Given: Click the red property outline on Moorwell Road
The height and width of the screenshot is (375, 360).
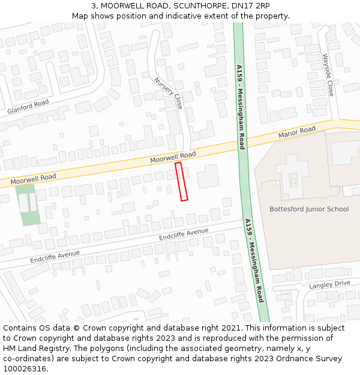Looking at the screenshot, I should [181, 181].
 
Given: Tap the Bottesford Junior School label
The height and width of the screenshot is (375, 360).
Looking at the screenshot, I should [309, 209].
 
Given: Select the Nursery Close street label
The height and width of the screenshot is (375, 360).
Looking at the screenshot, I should [168, 93].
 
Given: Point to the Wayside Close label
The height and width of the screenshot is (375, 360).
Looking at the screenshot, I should [328, 75].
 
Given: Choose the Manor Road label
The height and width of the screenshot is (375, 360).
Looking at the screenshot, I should [296, 132].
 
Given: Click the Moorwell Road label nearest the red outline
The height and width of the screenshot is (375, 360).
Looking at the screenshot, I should [173, 158].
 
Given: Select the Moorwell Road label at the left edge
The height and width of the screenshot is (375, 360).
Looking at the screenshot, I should [33, 178].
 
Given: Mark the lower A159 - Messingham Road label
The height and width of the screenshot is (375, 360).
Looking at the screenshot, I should [254, 260].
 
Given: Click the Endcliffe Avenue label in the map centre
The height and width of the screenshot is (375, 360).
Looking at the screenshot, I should [184, 234].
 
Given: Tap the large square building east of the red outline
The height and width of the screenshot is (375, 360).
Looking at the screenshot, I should [208, 176].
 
